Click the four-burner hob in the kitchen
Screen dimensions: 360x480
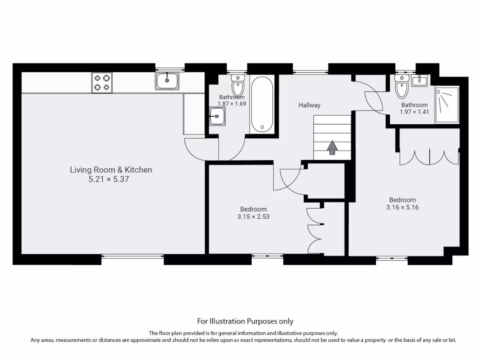[x=102, y=82]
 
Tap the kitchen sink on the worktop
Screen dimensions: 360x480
[x=167, y=81]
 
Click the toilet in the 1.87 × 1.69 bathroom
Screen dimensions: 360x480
[x=238, y=86]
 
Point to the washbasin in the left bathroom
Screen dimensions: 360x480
[x=217, y=116]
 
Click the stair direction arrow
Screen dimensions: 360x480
[x=332, y=148]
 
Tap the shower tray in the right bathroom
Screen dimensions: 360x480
[x=447, y=105]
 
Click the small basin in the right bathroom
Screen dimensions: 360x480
[x=420, y=81]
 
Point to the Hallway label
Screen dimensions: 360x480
[x=309, y=105]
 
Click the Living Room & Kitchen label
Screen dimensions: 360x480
[x=111, y=170]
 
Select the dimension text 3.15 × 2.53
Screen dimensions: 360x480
[x=253, y=217]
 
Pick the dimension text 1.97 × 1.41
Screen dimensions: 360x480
[x=414, y=112]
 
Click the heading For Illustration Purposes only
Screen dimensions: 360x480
[x=245, y=321]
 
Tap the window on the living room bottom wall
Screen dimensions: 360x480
[x=133, y=256]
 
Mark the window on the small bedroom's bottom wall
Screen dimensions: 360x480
[x=267, y=256]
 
